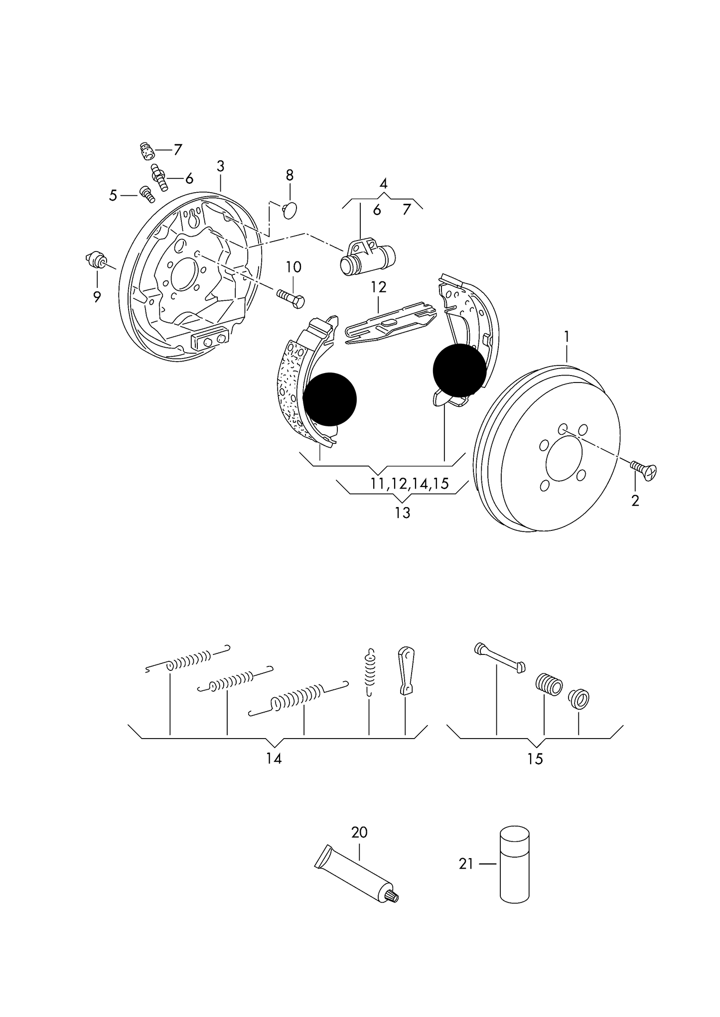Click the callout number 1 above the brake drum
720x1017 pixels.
[567, 338]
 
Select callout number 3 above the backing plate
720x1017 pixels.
[220, 166]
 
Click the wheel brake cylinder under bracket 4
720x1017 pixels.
[368, 257]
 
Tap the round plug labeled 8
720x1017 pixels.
[289, 209]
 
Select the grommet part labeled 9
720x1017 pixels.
[96, 259]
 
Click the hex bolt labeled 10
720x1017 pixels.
[291, 298]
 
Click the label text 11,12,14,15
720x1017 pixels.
[410, 483]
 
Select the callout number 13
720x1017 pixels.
[402, 512]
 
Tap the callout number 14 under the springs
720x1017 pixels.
[274, 759]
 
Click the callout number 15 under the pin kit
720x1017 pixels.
[535, 759]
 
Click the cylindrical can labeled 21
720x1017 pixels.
[514, 864]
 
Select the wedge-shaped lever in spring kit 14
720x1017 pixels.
[406, 670]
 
